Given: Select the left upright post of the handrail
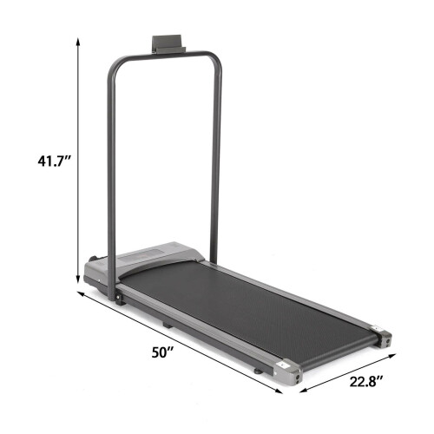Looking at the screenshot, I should [x=111, y=174].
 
